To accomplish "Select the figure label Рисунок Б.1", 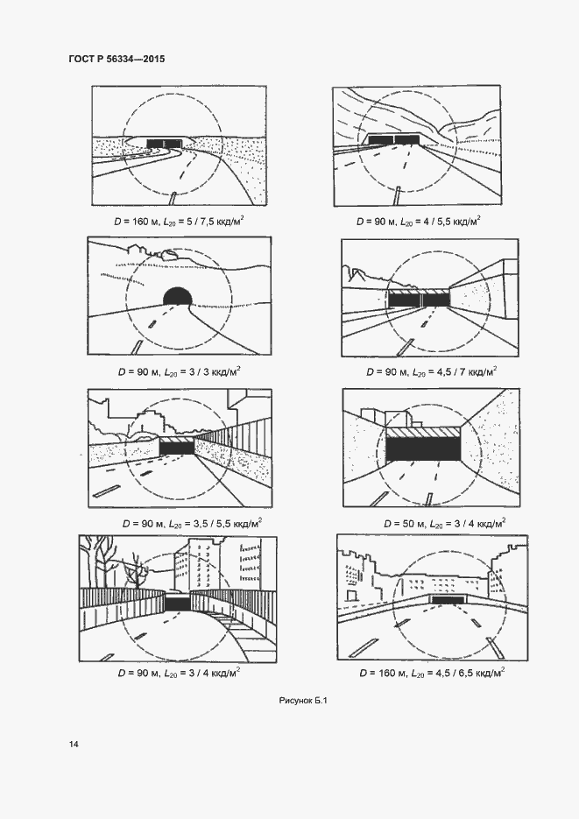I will pos(302,700).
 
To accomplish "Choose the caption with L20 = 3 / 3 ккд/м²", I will pos(178,371).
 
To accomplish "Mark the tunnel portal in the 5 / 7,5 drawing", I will pos(166,142).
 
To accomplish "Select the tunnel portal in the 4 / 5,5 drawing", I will pos(393,138).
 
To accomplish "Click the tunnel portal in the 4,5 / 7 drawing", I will pos(419,299).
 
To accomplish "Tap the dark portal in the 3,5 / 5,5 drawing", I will pos(176,448).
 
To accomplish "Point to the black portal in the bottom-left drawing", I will pos(177,604).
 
